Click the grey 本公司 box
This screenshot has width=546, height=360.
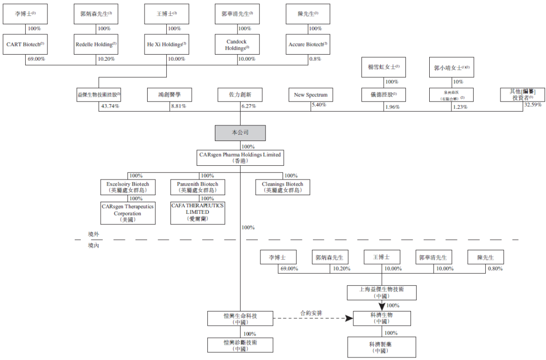(240, 133)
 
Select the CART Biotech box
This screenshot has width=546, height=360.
(25, 44)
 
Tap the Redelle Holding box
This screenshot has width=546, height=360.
(96, 44)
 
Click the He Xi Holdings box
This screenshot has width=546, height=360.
(167, 44)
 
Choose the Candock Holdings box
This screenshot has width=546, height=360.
(238, 44)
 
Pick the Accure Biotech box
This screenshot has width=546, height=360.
(308, 44)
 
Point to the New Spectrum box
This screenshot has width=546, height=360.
(311, 95)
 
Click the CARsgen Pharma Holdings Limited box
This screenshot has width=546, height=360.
(240, 158)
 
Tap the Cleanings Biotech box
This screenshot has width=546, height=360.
(283, 187)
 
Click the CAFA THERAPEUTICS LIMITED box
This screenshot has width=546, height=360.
(197, 213)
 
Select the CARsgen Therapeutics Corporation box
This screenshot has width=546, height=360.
(128, 213)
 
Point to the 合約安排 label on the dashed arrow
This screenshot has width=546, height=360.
(310, 313)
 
